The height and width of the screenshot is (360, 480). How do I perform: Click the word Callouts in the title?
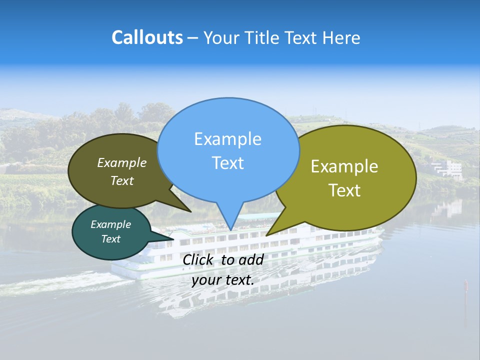pos(147,37)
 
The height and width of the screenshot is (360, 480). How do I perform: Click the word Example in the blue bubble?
pos(228,138)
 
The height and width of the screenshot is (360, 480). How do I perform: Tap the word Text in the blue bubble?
pos(228,163)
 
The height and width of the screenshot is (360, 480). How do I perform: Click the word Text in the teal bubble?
pos(111,239)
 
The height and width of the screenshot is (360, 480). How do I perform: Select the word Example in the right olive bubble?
pos(344,166)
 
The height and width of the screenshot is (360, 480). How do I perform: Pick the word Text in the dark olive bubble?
pos(122,181)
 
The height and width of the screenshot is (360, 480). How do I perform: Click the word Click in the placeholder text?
pos(198,259)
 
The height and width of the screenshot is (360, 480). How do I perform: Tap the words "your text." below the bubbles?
pos(223,280)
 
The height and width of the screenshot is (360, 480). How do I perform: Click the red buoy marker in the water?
pos(466,285)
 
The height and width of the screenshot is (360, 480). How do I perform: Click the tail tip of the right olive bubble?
pos(267,234)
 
